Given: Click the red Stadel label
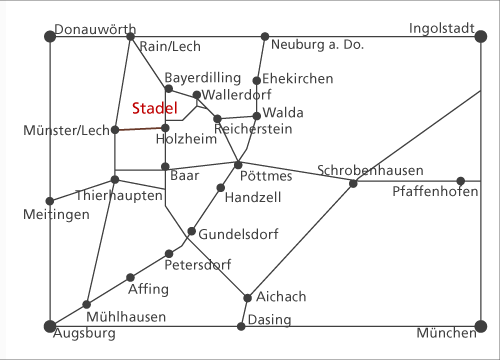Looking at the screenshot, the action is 155,108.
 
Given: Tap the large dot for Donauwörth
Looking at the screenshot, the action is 50,36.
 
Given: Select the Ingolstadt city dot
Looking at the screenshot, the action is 481,36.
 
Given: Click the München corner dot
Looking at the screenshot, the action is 481,326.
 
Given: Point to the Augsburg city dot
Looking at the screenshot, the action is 50,326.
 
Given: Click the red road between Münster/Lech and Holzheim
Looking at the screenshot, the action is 140,129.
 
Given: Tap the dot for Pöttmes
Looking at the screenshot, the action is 238,165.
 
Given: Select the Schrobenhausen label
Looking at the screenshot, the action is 370,170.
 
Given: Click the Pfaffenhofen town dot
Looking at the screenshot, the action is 461,181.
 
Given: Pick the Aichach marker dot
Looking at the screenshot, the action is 247,298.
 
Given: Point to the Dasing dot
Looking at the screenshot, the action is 241,326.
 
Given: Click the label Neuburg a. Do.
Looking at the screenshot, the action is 317,44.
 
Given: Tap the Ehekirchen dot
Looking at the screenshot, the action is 257,80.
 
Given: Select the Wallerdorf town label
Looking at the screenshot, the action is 237,95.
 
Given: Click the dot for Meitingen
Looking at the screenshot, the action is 50,201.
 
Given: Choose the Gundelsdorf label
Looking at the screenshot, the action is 238,234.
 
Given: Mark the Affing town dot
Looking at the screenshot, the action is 130,277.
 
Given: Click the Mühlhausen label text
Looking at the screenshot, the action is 126,317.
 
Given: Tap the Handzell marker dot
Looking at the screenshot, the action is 221,188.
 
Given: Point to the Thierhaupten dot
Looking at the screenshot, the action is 115,180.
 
